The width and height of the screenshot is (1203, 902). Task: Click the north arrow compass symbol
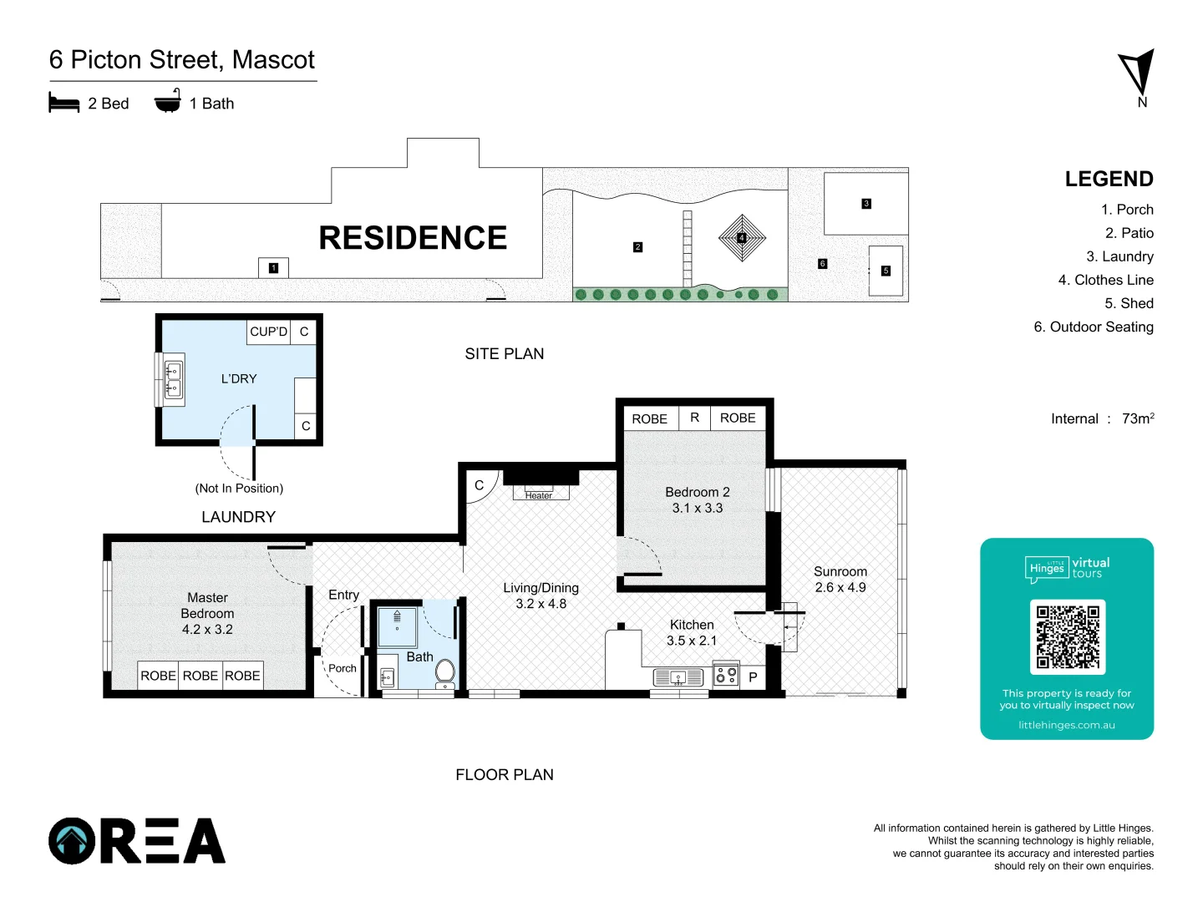pyautogui.click(x=1138, y=73)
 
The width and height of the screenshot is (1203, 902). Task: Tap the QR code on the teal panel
pyautogui.click(x=1067, y=637)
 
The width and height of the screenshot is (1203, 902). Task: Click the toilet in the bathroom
pyautogui.click(x=444, y=672)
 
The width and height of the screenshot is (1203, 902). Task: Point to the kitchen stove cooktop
pyautogui.click(x=726, y=675)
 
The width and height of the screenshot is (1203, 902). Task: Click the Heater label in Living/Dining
pyautogui.click(x=539, y=495)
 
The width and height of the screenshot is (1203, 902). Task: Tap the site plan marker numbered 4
pyautogui.click(x=741, y=238)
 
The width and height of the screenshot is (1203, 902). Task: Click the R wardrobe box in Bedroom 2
pyautogui.click(x=694, y=418)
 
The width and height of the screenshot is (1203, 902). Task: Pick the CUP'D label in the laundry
pyautogui.click(x=268, y=332)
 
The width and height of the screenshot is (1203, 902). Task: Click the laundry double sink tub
pyautogui.click(x=174, y=380)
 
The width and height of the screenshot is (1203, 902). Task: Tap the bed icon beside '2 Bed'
pyautogui.click(x=64, y=104)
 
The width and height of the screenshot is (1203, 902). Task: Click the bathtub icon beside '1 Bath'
pyautogui.click(x=168, y=102)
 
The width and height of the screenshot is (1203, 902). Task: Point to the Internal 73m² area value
pyautogui.click(x=1137, y=418)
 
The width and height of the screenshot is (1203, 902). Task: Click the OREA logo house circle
pyautogui.click(x=73, y=840)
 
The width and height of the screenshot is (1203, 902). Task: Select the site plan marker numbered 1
pyautogui.click(x=273, y=268)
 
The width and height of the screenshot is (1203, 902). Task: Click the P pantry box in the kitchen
pyautogui.click(x=753, y=677)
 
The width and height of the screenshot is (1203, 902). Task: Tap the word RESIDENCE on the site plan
pyautogui.click(x=413, y=238)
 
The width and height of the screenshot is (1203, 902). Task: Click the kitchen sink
pyautogui.click(x=678, y=677)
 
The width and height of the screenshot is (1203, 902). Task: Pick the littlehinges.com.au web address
pyautogui.click(x=1066, y=725)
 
